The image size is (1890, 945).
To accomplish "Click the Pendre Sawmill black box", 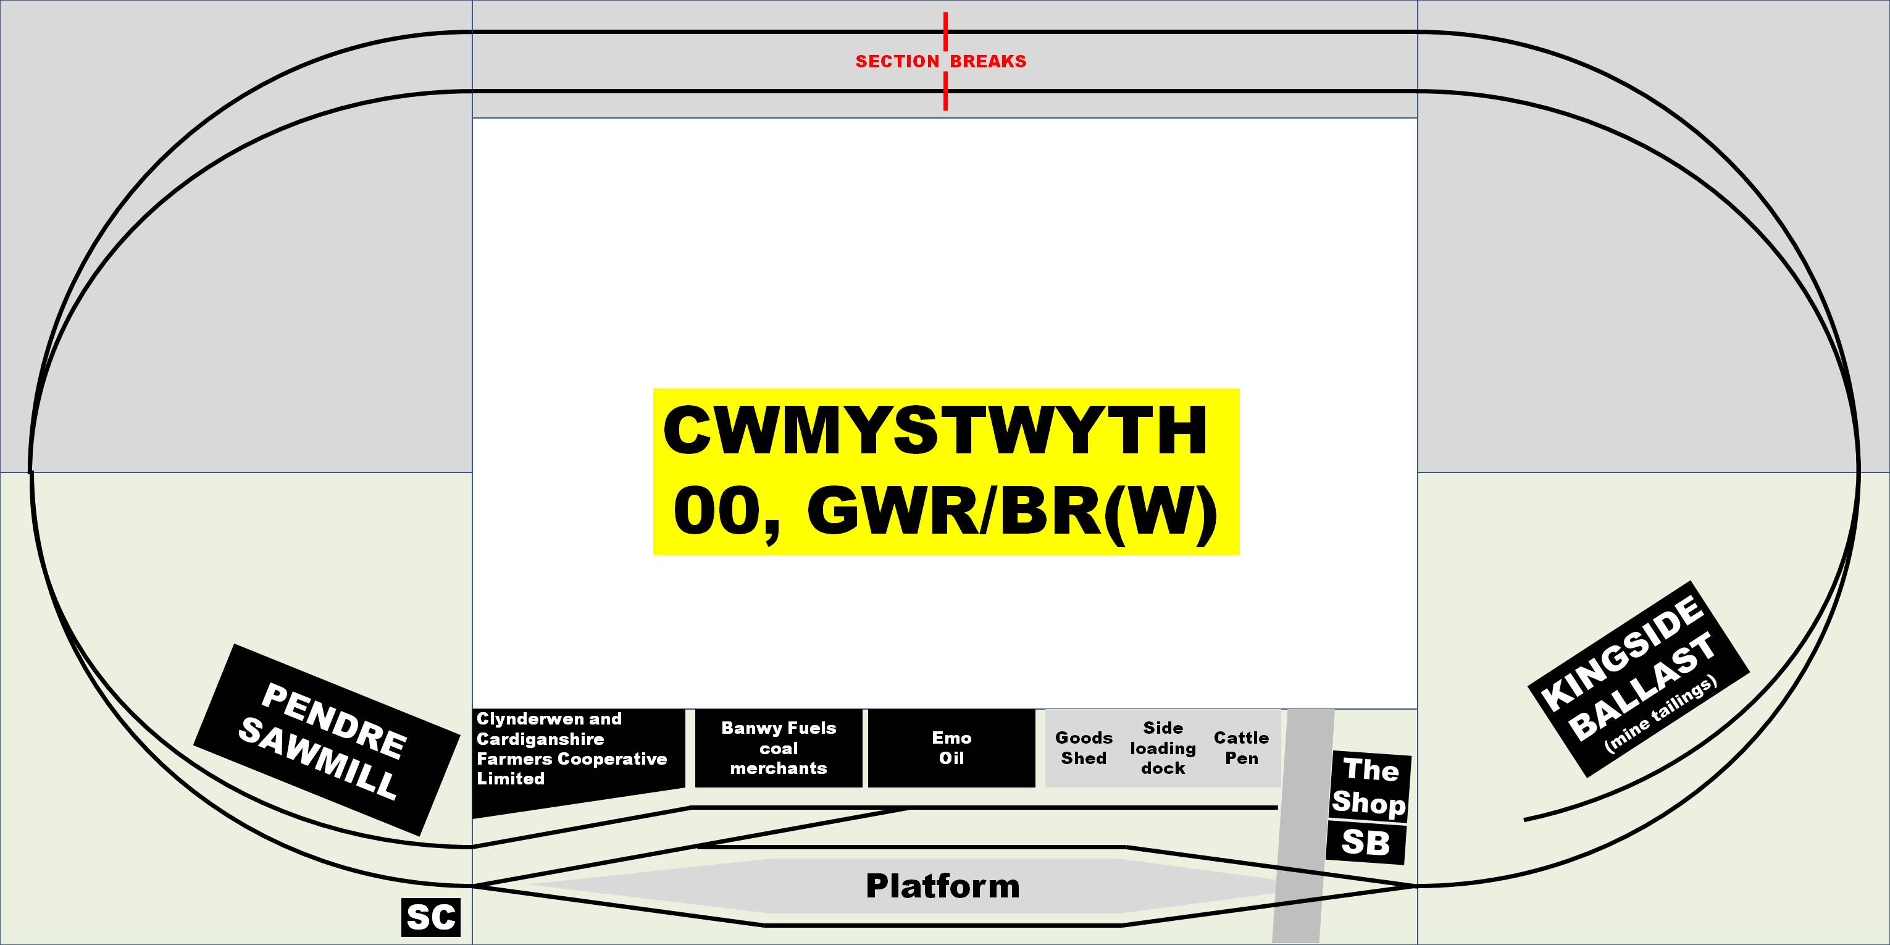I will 327,739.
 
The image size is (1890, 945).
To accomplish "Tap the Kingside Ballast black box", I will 1638,679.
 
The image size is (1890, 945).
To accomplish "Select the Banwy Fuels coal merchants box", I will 779,747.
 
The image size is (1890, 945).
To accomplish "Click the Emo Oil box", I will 951,747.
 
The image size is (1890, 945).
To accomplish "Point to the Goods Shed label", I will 1084,747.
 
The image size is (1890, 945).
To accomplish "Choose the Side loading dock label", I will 1163,747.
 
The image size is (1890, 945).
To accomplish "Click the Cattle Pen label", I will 1242,747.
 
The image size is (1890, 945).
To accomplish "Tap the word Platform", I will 943,886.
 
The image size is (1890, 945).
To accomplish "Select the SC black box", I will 431,917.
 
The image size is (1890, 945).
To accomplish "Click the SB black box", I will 1365,842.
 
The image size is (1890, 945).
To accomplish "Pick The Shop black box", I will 1369,786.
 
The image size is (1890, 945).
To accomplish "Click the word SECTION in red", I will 897,62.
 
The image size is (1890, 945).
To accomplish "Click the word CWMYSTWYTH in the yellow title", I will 935,430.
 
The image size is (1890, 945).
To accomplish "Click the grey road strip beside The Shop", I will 1305,821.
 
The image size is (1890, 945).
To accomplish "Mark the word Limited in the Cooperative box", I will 511,778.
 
